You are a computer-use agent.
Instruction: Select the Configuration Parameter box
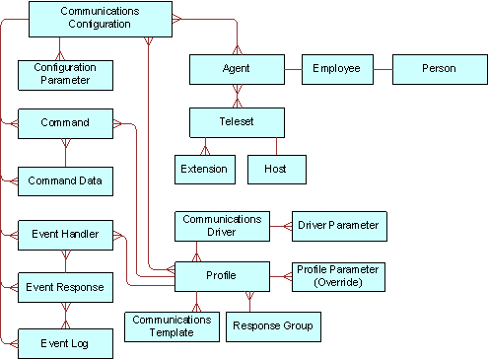point(66,74)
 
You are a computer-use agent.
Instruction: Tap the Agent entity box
point(236,70)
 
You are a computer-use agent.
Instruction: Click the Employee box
point(336,70)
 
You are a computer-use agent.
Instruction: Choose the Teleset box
point(236,121)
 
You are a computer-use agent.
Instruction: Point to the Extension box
point(204,170)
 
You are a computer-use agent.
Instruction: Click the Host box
point(275,170)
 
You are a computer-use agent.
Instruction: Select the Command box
point(66,124)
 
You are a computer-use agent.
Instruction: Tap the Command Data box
point(66,181)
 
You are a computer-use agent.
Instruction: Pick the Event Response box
point(66,288)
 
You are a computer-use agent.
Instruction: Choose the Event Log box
point(66,342)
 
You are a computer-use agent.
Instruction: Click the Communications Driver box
point(221,226)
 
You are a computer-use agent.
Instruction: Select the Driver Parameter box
point(338,226)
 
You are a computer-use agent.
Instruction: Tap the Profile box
point(221,275)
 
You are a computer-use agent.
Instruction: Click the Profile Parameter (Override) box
point(338,276)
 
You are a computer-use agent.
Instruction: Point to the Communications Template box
point(172,325)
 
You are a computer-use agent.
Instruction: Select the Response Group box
point(271,325)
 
